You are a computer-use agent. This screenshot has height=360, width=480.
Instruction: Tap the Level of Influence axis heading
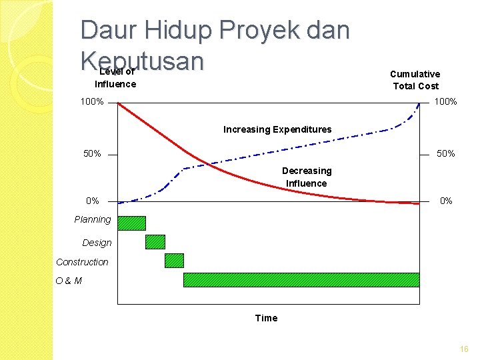tap(115, 78)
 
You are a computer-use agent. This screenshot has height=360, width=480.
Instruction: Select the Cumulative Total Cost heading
tap(415, 80)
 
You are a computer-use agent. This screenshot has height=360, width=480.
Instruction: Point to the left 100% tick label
tap(92, 102)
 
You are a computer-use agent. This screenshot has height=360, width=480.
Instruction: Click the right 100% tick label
tap(445, 102)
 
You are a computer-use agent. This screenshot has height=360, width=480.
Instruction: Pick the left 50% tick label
tap(92, 154)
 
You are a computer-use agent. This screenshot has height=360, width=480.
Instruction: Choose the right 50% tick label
tap(445, 154)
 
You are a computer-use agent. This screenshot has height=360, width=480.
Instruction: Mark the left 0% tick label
tap(92, 201)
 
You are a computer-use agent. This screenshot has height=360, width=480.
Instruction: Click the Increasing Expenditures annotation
tap(277, 129)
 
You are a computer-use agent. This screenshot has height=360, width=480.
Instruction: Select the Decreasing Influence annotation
tap(307, 177)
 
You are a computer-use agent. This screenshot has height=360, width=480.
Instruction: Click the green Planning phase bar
tap(131, 223)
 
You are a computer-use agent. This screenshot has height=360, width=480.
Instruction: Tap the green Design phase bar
tap(155, 242)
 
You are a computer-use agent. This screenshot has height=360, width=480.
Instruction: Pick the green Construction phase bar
tap(174, 261)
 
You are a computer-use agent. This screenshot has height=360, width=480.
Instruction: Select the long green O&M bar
tap(301, 280)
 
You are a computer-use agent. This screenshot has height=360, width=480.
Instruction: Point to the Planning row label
tap(93, 219)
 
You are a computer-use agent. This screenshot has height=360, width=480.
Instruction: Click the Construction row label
tap(82, 262)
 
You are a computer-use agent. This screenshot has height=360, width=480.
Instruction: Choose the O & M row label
tap(69, 281)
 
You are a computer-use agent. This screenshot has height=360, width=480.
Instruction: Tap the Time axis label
tap(266, 318)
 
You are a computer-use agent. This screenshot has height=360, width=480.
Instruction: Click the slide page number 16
tap(464, 349)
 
